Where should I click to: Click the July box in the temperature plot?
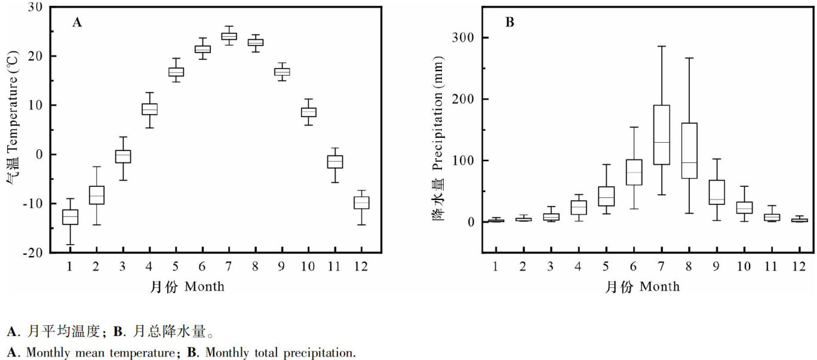pyautogui.click(x=229, y=36)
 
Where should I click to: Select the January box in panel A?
pyautogui.click(x=70, y=217)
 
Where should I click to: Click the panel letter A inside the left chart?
pyautogui.click(x=76, y=23)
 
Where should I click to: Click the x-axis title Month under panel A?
pyautogui.click(x=204, y=287)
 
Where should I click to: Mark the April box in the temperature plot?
pyautogui.click(x=149, y=109)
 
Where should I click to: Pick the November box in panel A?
pyautogui.click(x=335, y=162)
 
